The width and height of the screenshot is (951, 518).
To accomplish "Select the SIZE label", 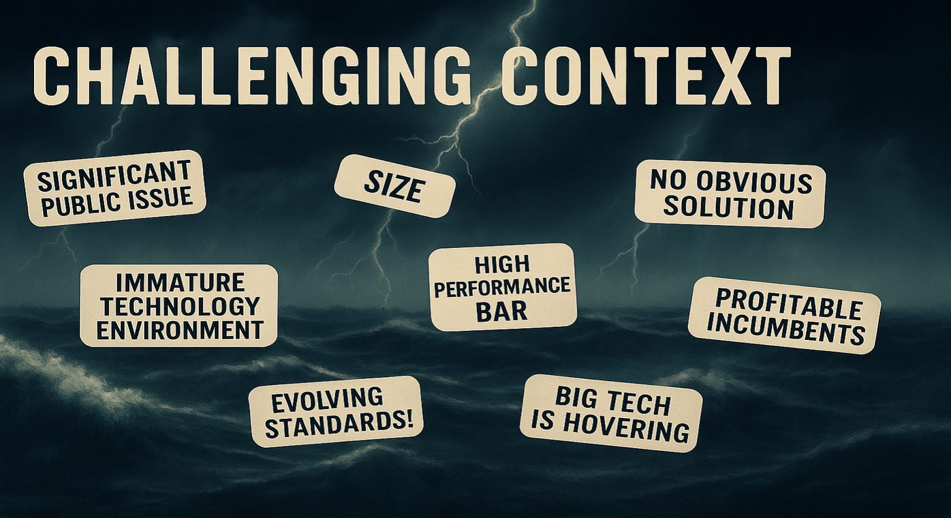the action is click(394, 186).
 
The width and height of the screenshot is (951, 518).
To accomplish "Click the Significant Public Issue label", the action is click(114, 188).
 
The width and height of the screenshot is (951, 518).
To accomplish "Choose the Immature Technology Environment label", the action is click(178, 305).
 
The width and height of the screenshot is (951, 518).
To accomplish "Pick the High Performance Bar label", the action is click(502, 287).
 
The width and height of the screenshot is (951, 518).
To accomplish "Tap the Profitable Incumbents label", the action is click(784, 315).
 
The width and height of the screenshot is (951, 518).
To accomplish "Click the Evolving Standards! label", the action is click(336, 411).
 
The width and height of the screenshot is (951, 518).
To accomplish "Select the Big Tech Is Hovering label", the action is click(610, 412).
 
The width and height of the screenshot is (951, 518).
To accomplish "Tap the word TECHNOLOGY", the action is click(178, 305).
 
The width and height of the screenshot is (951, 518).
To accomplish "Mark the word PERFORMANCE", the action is click(502, 287).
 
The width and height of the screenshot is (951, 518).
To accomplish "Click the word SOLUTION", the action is click(730, 209).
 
